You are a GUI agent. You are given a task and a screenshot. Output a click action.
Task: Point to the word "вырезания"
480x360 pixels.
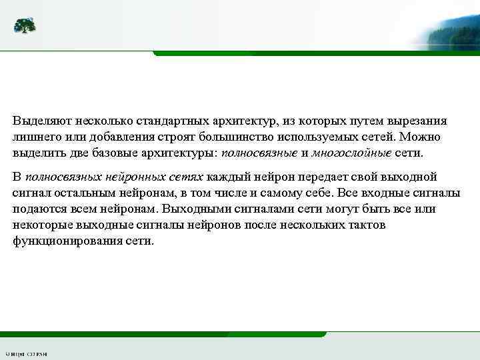click(418, 122)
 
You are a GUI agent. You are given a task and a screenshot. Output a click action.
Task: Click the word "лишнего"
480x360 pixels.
click(34, 137)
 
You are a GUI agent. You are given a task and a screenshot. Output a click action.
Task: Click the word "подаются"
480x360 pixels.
click(37, 209)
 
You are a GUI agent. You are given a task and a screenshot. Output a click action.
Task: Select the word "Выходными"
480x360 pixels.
click(200, 209)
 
